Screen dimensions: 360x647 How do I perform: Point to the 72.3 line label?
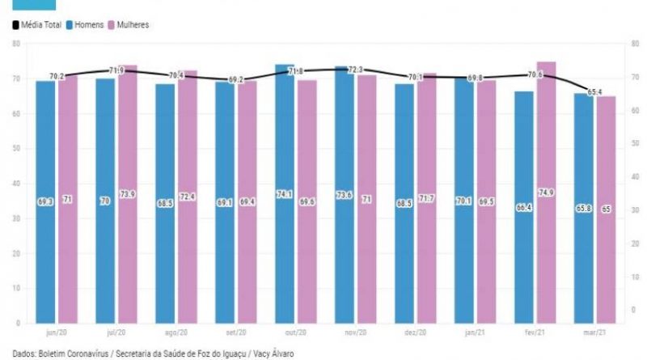pos(354,71)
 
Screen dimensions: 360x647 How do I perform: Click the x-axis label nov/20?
pos(354,332)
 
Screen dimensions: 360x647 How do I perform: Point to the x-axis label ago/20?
pos(175,332)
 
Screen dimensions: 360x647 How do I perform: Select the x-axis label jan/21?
pos(473,332)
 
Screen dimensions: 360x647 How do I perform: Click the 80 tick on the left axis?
pos(15,44)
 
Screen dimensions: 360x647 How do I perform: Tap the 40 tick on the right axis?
pos(632,184)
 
